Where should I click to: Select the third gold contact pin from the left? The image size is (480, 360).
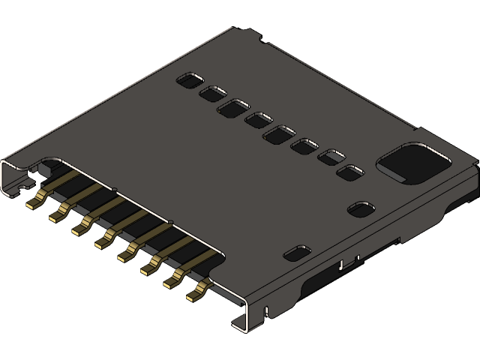(x=79, y=227)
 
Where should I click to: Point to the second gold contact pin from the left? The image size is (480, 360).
(x=56, y=215)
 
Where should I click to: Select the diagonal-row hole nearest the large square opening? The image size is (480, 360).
(x=349, y=173)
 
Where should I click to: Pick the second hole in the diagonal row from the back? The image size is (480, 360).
(x=213, y=93)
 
